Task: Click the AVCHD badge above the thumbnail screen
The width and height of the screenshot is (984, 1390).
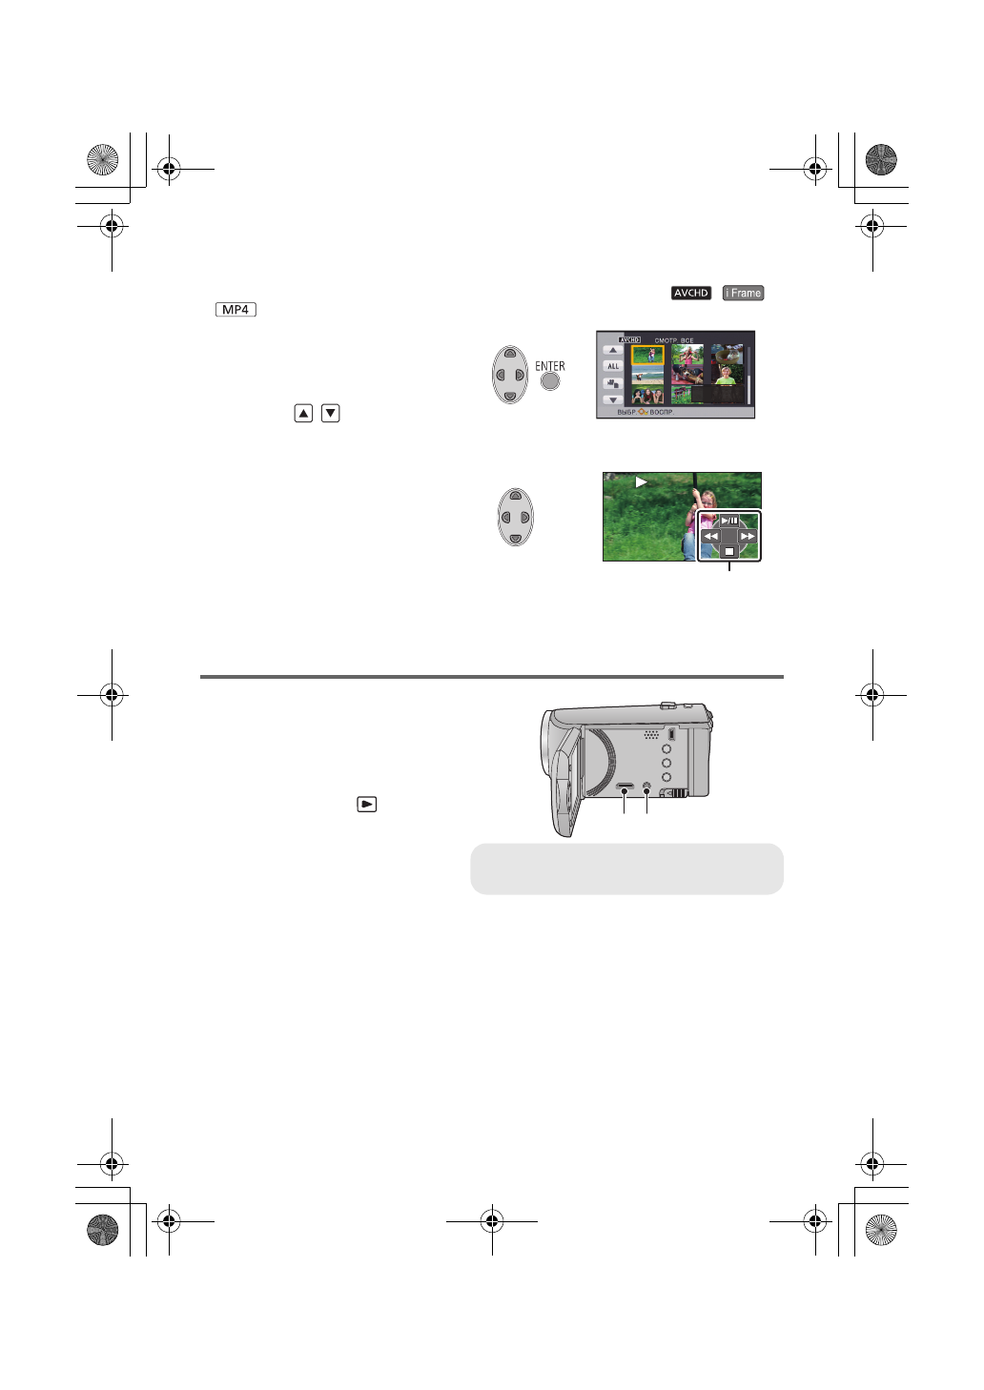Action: point(691,293)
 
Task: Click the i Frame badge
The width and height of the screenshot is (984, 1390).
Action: point(743,293)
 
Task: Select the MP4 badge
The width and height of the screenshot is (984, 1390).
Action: point(236,310)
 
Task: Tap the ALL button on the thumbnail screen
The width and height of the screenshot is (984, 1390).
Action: point(612,366)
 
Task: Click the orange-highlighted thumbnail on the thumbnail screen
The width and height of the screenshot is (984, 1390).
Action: point(648,356)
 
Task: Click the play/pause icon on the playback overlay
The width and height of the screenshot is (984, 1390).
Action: point(728,521)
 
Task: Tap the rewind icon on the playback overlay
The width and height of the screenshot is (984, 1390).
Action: point(711,537)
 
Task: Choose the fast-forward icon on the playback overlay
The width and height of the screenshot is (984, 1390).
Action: point(748,537)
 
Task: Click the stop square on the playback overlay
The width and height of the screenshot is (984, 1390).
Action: point(729,551)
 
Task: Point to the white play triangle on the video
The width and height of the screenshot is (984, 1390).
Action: point(641,482)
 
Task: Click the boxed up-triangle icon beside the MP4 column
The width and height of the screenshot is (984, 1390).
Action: point(303,413)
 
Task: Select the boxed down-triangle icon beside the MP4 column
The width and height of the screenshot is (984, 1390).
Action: point(331,413)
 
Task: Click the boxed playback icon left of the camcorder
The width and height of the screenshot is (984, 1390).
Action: point(367,804)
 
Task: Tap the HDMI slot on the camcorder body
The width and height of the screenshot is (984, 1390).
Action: point(625,788)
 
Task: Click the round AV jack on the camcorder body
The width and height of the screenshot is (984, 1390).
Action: point(647,788)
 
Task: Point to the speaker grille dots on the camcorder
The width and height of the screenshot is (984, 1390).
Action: point(651,735)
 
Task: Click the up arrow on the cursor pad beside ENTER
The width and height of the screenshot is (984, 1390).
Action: point(510,354)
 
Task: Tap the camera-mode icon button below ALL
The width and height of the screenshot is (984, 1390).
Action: point(612,383)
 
